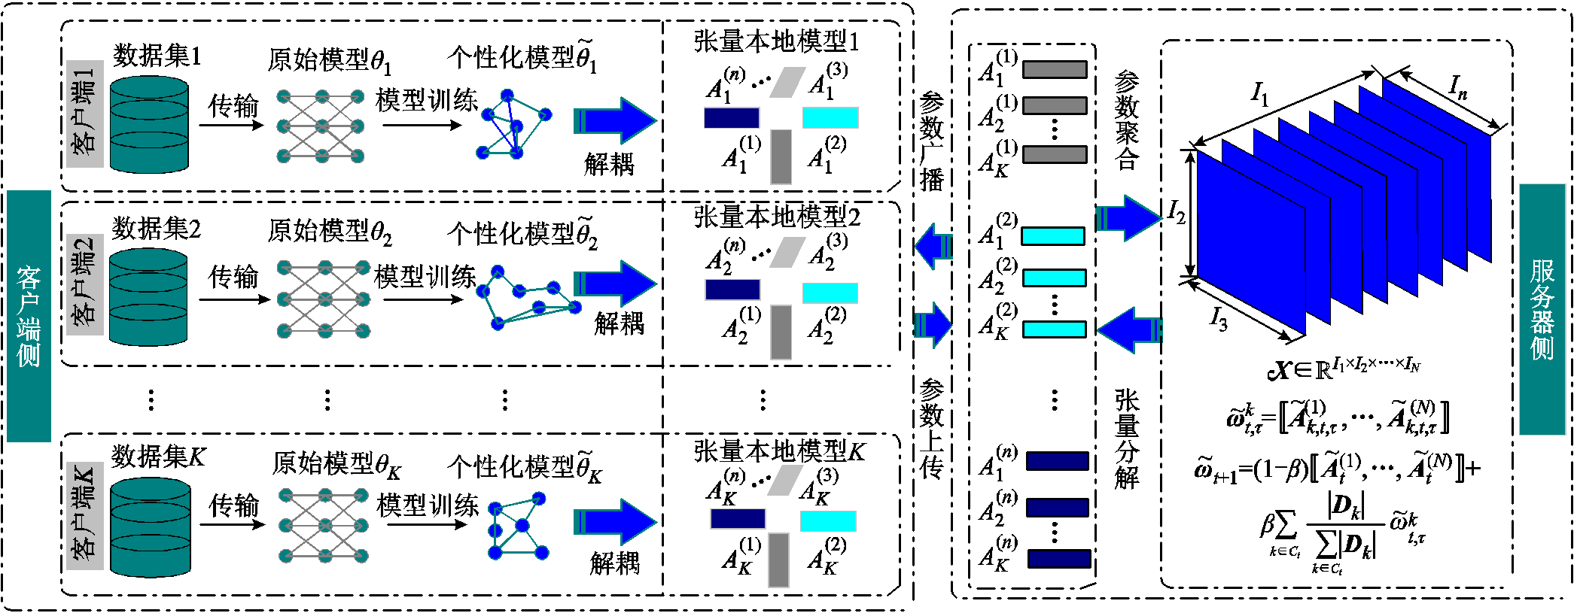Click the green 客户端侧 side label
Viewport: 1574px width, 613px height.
coord(29,316)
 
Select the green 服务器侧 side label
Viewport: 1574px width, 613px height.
coord(1542,309)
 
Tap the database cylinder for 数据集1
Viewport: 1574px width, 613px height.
coord(149,124)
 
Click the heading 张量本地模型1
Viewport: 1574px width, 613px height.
coord(776,41)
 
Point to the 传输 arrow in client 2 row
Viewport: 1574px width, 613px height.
coord(234,299)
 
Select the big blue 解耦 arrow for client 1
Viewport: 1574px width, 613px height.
coord(615,120)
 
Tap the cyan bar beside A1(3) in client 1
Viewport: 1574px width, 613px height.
coord(830,117)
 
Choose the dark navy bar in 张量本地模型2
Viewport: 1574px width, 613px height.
coord(732,290)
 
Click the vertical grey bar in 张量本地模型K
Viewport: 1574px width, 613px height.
coord(778,560)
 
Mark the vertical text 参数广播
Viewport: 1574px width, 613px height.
coord(932,141)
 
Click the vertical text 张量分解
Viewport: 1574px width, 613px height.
coord(1127,439)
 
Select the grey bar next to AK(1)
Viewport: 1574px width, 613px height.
coord(1055,154)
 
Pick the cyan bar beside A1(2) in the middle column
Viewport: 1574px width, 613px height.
coord(1053,236)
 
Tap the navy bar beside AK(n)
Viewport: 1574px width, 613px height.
coord(1059,558)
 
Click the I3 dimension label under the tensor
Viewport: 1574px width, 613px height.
coord(1219,319)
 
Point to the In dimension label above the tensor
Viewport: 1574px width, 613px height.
coord(1458,87)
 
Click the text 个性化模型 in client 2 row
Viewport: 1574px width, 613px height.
coord(511,234)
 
